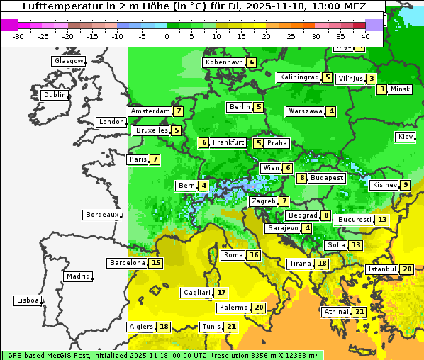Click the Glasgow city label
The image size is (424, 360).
pyautogui.click(x=68, y=61)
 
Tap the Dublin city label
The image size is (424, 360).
pyautogui.click(x=55, y=95)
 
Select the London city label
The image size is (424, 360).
pyautogui.click(x=111, y=122)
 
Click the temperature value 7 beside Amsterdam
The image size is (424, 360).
pyautogui.click(x=179, y=111)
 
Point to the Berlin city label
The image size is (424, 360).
pyautogui.click(x=240, y=107)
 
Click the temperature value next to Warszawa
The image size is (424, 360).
pyautogui.click(x=331, y=111)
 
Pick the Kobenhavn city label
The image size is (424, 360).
pyautogui.click(x=224, y=62)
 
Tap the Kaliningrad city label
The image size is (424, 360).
pyautogui.click(x=299, y=77)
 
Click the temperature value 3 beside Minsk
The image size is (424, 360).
pyautogui.click(x=381, y=89)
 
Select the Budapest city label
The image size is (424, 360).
pyautogui.click(x=327, y=178)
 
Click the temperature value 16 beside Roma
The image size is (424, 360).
pyautogui.click(x=254, y=255)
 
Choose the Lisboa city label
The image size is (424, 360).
pyautogui.click(x=27, y=300)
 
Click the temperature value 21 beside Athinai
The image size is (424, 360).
pyautogui.click(x=359, y=312)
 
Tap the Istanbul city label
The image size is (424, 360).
pyautogui.click(x=382, y=269)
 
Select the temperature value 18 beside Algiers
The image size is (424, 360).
pyautogui.click(x=164, y=327)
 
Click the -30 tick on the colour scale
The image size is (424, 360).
pyautogui.click(x=18, y=36)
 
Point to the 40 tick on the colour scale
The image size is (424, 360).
pyautogui.click(x=365, y=36)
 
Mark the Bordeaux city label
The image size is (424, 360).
pyautogui.click(x=102, y=215)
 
